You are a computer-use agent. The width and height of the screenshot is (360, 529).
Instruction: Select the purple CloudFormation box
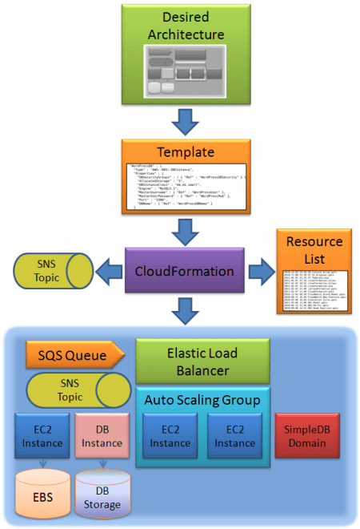coord(184,271)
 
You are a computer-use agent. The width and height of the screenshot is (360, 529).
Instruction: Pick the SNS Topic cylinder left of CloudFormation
coord(52,272)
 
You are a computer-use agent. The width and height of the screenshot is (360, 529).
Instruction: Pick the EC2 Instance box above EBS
coord(40,436)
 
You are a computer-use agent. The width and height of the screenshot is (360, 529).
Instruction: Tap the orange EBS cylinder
coord(42,495)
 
